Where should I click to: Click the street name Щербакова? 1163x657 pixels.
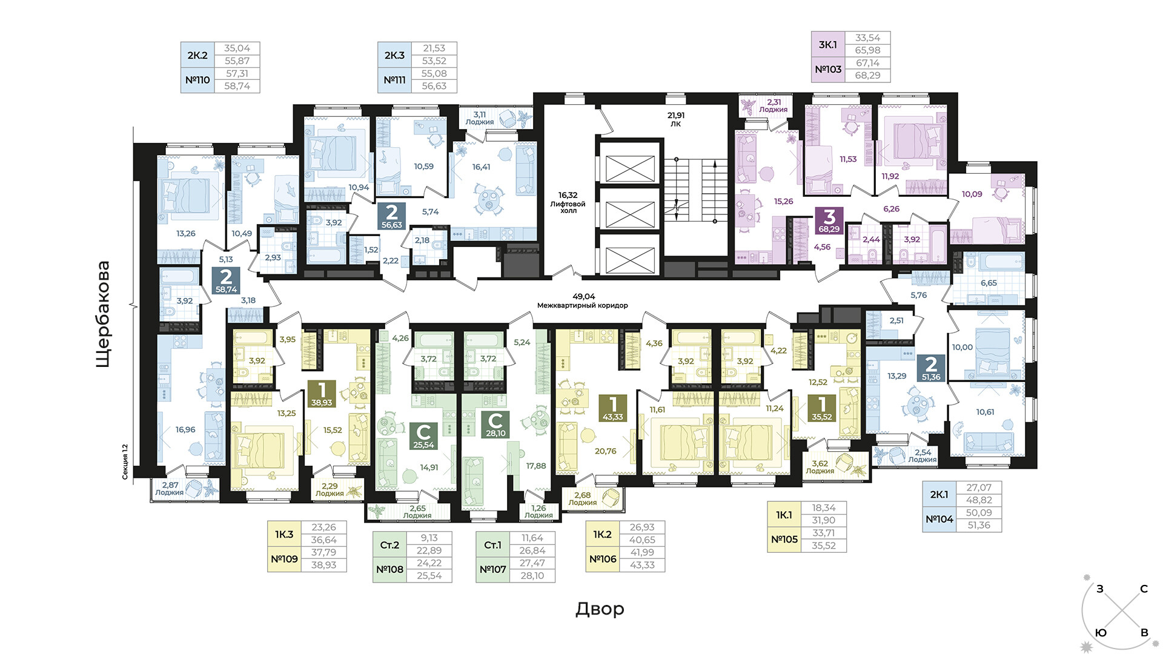[x=104, y=314]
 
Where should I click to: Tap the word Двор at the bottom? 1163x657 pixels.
[x=600, y=609]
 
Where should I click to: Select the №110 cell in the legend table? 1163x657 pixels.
[x=197, y=80]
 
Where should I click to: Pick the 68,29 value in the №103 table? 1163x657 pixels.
[x=867, y=76]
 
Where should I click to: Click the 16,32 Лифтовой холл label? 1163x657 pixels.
[x=568, y=203]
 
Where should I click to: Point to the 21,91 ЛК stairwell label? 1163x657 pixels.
[x=676, y=119]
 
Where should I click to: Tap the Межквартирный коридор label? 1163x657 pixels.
[x=583, y=306]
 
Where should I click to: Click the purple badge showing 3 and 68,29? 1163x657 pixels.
[x=829, y=220]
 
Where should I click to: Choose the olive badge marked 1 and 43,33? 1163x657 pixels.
[x=613, y=408]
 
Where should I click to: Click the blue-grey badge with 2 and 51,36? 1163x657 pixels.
[x=931, y=368]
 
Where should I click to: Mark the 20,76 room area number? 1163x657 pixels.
[x=605, y=451]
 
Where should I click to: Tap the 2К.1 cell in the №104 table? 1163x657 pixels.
[x=939, y=495]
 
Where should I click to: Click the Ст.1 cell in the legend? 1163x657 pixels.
[x=492, y=545]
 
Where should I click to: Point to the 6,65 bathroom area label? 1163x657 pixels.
[x=989, y=283]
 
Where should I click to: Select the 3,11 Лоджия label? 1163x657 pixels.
[x=480, y=118]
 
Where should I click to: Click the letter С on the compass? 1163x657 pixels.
[x=1144, y=589]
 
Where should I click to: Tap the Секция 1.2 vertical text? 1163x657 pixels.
[x=125, y=461]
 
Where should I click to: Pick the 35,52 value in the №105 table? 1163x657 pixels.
[x=824, y=546]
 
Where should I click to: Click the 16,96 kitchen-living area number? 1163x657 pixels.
[x=185, y=429]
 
